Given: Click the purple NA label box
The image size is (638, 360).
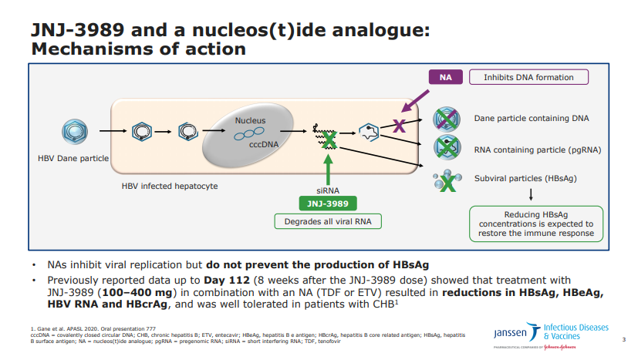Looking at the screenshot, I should click(445, 77).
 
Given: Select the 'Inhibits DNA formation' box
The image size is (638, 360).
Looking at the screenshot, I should click(528, 77).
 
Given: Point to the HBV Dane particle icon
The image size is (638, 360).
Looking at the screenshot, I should click(73, 133).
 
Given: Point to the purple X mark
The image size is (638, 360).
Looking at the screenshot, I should click(399, 126).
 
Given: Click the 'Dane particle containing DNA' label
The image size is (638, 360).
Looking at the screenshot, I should click(532, 119).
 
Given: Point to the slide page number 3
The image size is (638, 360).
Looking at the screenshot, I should click(623, 339).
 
